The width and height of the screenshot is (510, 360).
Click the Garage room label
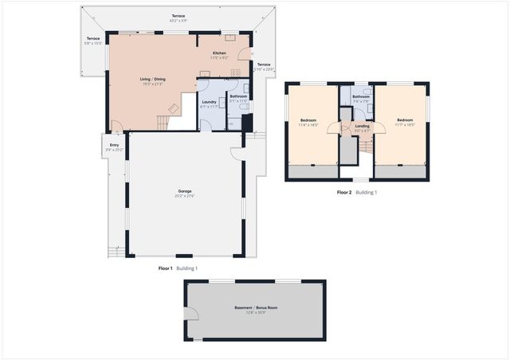pyautogui.click(x=186, y=194)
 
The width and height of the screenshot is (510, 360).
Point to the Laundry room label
pyautogui.click(x=210, y=103)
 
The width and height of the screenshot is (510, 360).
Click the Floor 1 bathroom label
pyautogui.click(x=238, y=97)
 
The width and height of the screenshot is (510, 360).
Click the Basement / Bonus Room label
pyautogui.click(x=256, y=308)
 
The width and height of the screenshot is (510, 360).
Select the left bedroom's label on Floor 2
pyautogui.click(x=309, y=122)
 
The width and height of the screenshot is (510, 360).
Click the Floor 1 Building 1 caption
pyautogui.click(x=178, y=269)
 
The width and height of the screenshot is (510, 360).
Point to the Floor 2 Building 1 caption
pyautogui.click(x=356, y=193)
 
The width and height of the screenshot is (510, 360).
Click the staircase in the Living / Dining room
pyautogui.click(x=163, y=122)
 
